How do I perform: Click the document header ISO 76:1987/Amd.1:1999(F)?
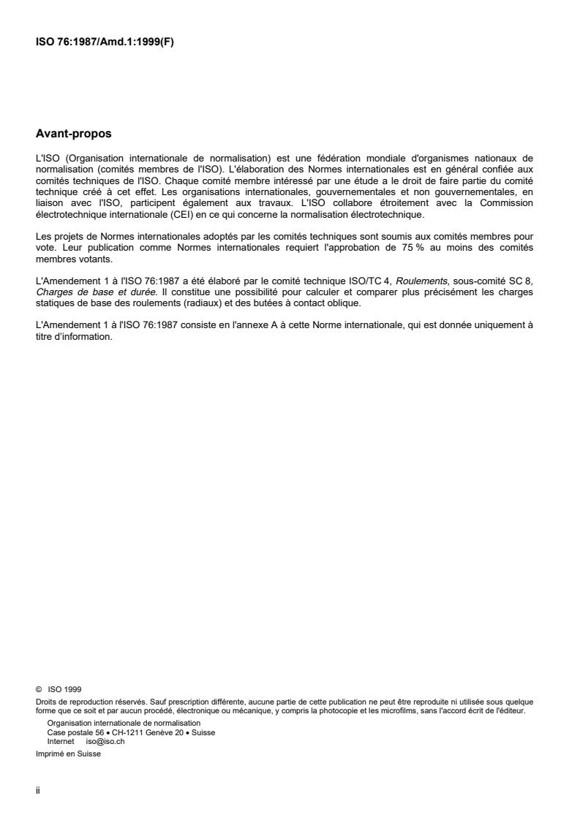point(105,42)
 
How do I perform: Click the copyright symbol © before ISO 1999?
point(39,688)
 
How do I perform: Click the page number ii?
point(37,791)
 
